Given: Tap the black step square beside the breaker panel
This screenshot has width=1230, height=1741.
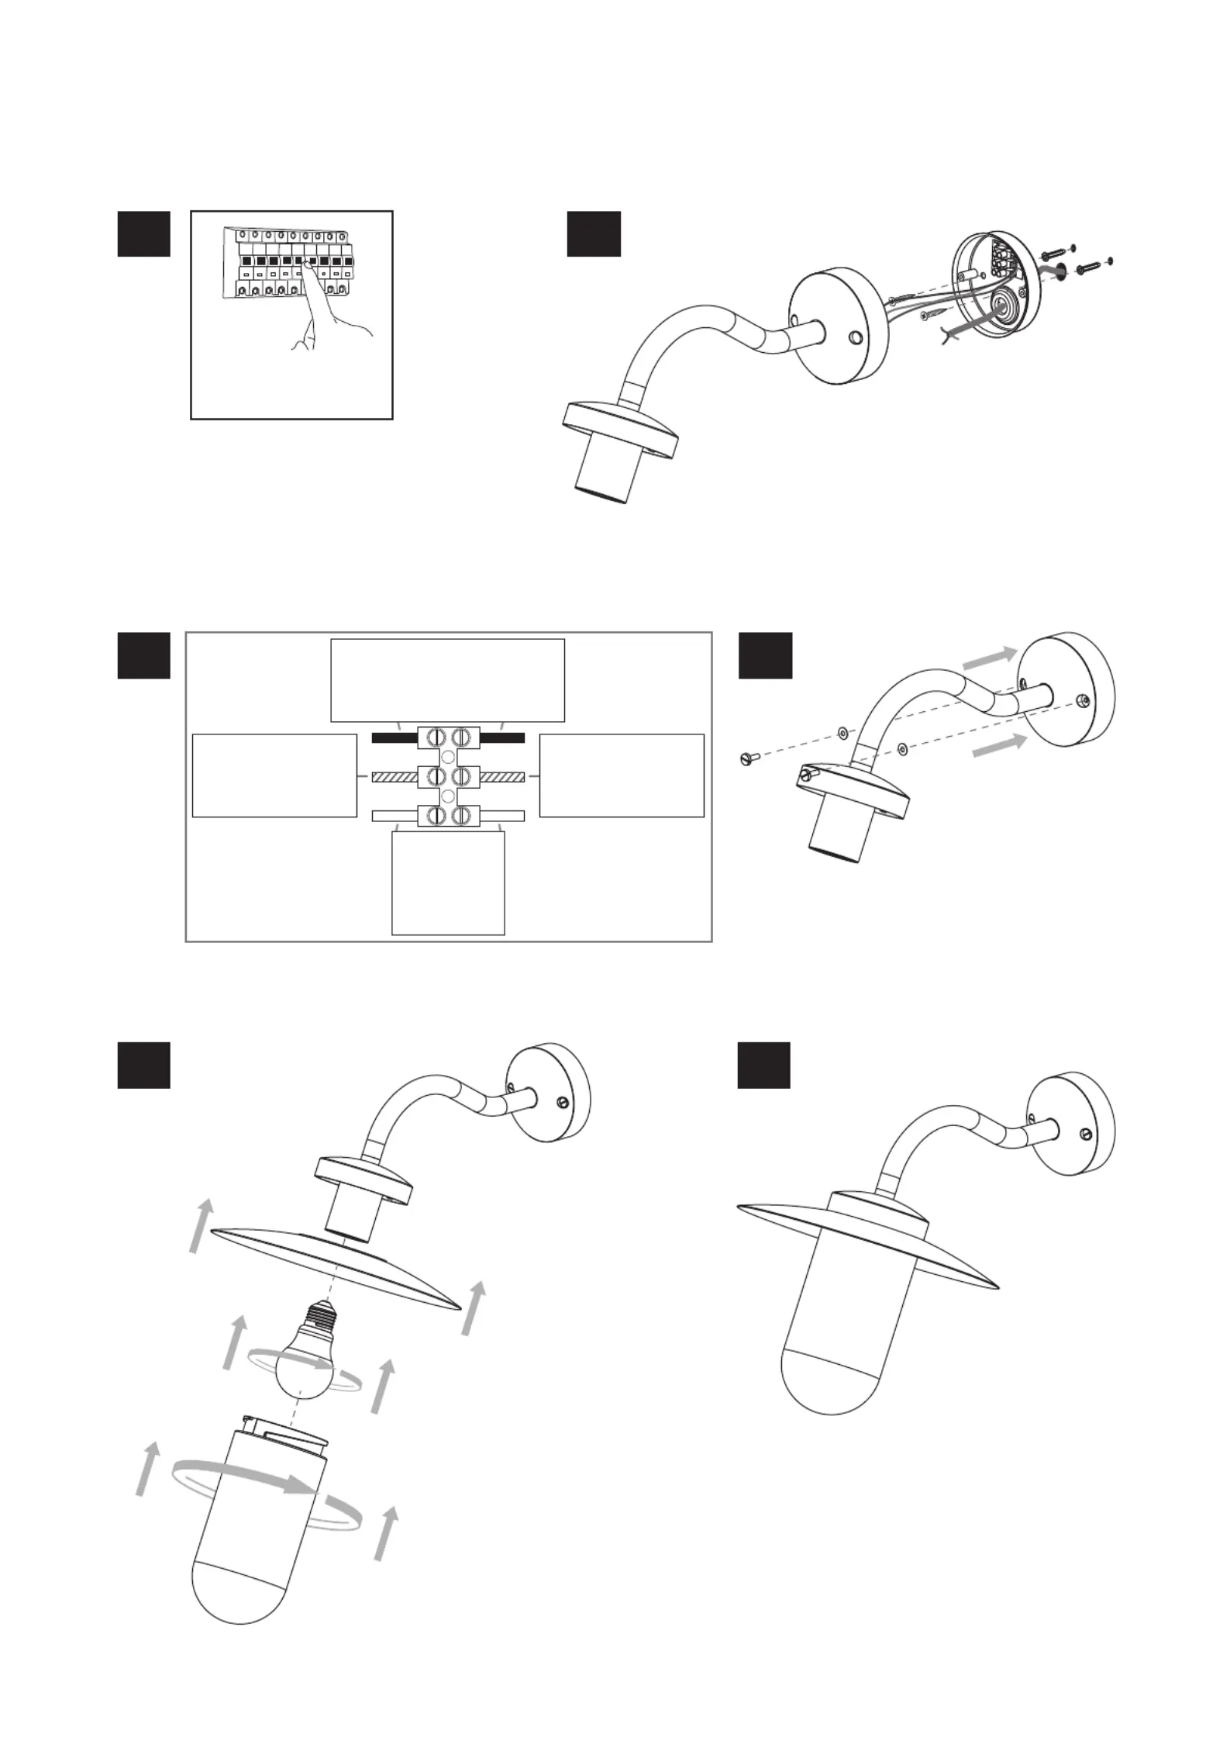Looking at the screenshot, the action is tap(143, 233).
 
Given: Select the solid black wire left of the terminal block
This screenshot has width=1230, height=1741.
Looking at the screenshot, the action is tap(394, 738).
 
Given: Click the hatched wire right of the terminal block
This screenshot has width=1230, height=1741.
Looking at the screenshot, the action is tap(503, 776).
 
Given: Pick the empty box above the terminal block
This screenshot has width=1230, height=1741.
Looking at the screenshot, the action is tap(447, 680).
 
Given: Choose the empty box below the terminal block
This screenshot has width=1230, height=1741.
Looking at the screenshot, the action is tap(448, 883).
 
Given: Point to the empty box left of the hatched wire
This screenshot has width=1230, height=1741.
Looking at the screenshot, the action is tap(274, 775).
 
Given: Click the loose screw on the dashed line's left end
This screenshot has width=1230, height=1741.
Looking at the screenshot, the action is tap(746, 759).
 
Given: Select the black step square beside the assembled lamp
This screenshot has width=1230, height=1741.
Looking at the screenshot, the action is tap(763, 1065).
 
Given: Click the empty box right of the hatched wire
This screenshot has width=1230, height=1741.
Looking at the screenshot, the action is tap(622, 775).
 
